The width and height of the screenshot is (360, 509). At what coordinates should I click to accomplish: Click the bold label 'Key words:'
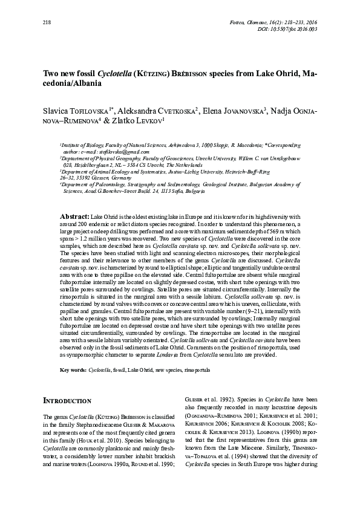(x=73, y=368)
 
